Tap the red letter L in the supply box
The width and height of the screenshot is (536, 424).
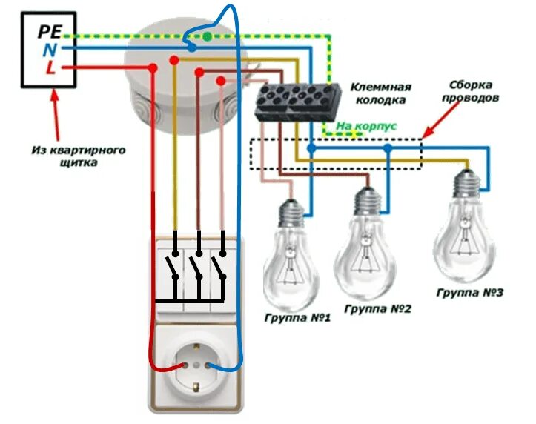pyautogui.click(x=50, y=69)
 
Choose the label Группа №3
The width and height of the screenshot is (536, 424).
pyautogui.click(x=469, y=294)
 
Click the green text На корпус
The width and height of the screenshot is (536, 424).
pyautogui.click(x=366, y=127)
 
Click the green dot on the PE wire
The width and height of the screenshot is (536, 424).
pyautogui.click(x=208, y=36)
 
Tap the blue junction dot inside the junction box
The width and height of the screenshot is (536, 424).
pyautogui.click(x=192, y=47)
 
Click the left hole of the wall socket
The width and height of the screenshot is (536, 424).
pyautogui.click(x=178, y=366)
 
